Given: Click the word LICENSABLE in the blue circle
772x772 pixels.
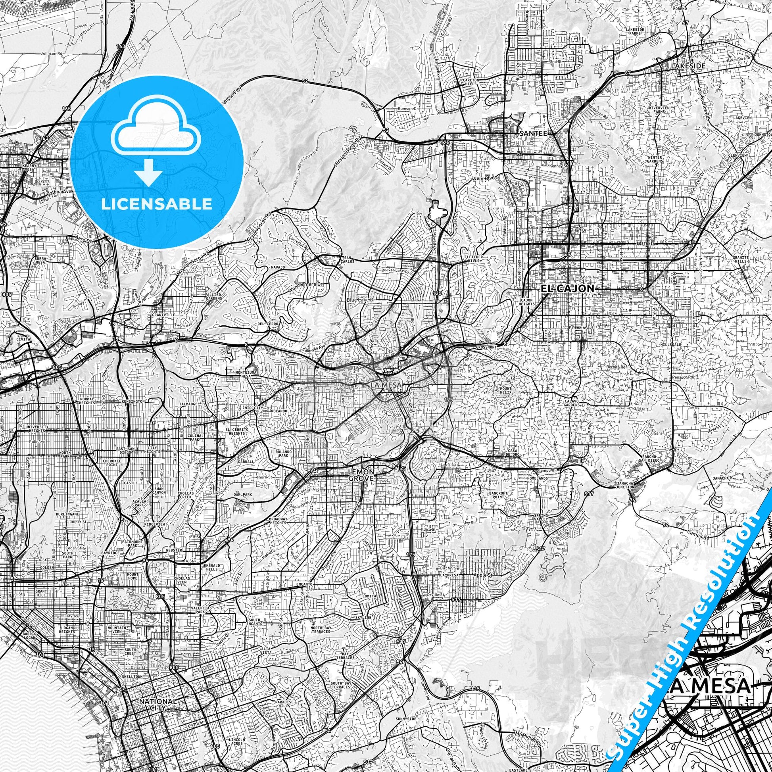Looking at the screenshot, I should (156, 204).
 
